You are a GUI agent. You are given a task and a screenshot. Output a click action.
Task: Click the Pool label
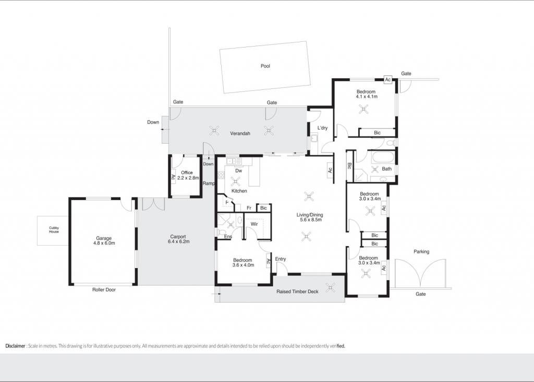265,66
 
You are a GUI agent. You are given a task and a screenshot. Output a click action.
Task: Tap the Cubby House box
54,230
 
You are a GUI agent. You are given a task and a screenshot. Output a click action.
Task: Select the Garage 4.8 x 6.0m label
104,241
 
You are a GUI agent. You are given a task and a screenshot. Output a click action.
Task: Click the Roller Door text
104,290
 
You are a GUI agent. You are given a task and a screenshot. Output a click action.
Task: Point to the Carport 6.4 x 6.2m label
178,239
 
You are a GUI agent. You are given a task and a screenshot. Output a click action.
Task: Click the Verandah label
240,133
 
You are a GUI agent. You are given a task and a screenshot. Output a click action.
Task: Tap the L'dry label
322,128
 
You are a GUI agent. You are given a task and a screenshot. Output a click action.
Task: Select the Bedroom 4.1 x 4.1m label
367,94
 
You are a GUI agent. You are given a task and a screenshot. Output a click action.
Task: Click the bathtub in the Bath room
383,158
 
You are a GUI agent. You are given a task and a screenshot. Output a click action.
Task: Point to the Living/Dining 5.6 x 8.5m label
310,217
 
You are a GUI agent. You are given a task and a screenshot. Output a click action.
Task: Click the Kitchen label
239,191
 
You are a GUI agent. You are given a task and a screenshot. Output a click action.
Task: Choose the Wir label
254,224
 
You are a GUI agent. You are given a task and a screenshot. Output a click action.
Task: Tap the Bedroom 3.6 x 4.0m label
243,262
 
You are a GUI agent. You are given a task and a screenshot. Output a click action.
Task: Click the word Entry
280,259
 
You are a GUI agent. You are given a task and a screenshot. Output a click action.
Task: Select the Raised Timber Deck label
297,292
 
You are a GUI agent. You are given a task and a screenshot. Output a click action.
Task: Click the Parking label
421,251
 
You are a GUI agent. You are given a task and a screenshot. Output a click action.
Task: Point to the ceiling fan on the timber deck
330,287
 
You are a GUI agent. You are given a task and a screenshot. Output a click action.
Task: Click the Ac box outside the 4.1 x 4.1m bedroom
387,79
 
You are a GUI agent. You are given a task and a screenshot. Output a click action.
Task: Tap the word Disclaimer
15,346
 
